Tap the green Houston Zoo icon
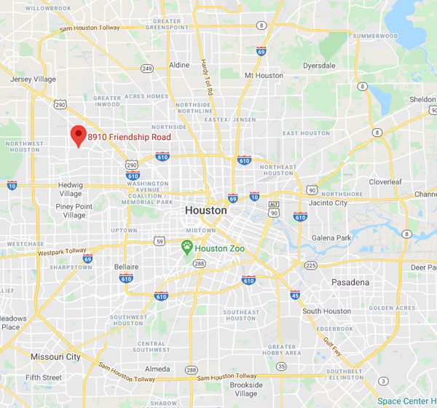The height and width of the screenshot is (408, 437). pos(187,248)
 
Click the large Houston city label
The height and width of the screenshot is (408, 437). pos(206,210)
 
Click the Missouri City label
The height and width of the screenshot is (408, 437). pos(55,357)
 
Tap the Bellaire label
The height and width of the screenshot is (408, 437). pos(127,267)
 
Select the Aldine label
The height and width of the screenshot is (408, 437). pos(179,65)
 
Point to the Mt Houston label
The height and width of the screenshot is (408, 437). pos(264,75)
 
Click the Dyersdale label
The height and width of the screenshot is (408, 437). pos(321,65)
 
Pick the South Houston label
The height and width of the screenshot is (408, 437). pos(328,311)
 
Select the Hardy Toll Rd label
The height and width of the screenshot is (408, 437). pos(205,72)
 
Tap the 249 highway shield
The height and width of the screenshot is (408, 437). pos(146,68)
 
